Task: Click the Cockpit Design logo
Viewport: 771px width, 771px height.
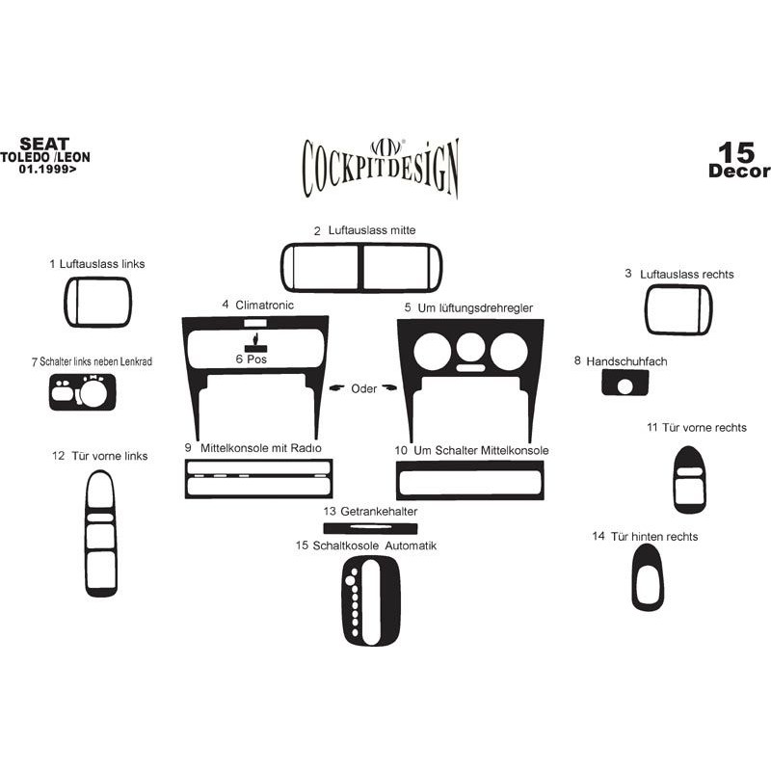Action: click(x=380, y=167)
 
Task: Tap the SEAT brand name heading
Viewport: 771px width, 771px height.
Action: click(x=44, y=144)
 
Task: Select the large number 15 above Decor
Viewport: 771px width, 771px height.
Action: click(x=736, y=152)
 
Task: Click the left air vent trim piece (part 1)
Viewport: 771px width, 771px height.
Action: click(x=66, y=302)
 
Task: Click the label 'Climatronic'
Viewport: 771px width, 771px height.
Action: click(x=264, y=305)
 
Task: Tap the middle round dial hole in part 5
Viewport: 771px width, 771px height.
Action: click(x=470, y=348)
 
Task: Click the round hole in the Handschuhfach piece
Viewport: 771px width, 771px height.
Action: click(x=625, y=386)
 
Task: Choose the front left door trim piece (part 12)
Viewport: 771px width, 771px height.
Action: click(x=89, y=534)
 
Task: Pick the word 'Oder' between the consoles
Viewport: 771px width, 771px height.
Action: click(x=364, y=389)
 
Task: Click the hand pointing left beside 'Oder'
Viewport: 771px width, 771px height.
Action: click(x=337, y=388)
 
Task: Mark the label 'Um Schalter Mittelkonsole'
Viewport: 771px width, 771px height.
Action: click(x=481, y=450)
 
